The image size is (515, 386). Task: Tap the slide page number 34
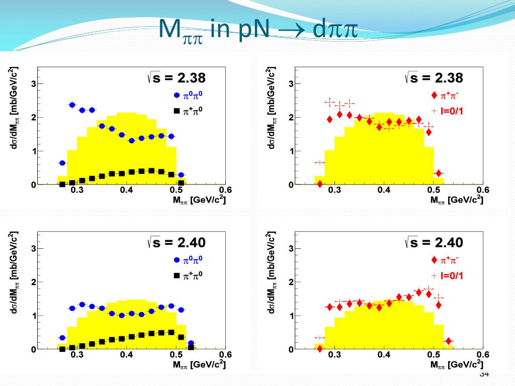click(x=484, y=374)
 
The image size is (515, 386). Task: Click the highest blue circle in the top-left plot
click(x=72, y=105)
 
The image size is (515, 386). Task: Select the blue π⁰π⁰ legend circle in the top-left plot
click(x=177, y=95)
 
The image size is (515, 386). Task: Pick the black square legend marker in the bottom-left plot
click(x=177, y=275)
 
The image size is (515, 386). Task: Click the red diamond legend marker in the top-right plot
click(x=434, y=95)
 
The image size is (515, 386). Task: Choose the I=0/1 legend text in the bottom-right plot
click(x=452, y=275)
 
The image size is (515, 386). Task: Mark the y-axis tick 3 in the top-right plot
click(x=291, y=84)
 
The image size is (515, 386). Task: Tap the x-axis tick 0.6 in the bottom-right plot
click(x=482, y=355)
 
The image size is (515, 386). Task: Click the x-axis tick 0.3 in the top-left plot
click(x=77, y=190)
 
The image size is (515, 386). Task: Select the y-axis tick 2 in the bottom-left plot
click(x=33, y=282)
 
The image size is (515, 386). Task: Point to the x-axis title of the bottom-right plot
click(x=456, y=364)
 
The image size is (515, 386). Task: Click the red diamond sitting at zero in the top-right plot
click(x=319, y=184)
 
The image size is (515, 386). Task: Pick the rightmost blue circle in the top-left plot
click(x=181, y=175)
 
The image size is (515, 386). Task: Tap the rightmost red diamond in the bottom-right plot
click(x=448, y=341)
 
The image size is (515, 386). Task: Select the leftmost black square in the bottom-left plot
click(x=62, y=349)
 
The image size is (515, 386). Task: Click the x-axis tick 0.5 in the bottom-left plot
click(x=176, y=355)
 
